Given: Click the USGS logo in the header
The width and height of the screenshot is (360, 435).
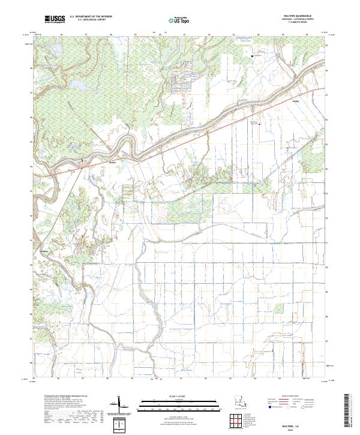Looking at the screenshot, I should (54, 20).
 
